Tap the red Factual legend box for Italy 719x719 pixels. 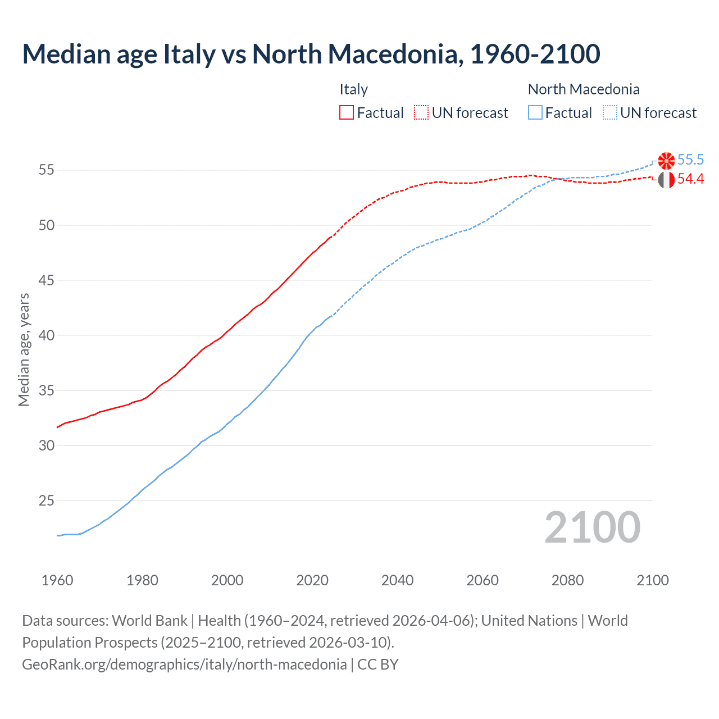click(347, 113)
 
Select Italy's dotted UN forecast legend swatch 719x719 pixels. click(421, 113)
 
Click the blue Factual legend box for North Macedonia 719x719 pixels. click(535, 113)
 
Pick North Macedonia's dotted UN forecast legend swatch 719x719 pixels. click(609, 113)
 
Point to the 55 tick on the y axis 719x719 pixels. click(47, 170)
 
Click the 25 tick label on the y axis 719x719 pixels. click(47, 500)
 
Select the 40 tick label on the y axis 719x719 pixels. click(47, 335)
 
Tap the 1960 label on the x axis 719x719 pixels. click(57, 580)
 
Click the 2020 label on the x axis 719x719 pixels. click(312, 580)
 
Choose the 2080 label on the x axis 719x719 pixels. click(567, 580)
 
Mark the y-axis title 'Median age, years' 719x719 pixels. click(24, 349)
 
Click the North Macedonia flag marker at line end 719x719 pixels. click(666, 161)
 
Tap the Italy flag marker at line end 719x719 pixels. click(666, 180)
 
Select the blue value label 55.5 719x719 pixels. click(690, 160)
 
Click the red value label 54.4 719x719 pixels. click(690, 179)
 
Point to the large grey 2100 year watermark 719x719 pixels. click(593, 527)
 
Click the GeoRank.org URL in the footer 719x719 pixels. click(184, 665)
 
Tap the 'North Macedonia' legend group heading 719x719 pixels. click(584, 89)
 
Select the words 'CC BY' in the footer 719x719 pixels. click(378, 665)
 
